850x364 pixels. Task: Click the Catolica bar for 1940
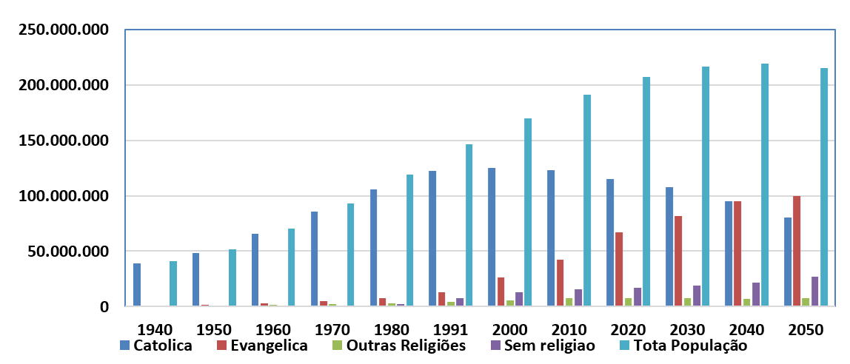click(137, 285)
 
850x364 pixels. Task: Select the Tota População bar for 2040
click(765, 185)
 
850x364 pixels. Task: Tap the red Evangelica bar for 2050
click(797, 251)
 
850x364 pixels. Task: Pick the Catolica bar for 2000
click(492, 237)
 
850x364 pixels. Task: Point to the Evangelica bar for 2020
click(619, 269)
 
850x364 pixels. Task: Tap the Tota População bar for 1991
click(469, 225)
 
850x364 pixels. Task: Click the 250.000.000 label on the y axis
click(62, 30)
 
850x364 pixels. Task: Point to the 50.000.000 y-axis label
click(67, 252)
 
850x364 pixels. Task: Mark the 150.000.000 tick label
click(62, 141)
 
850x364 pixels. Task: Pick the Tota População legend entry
click(689, 346)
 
